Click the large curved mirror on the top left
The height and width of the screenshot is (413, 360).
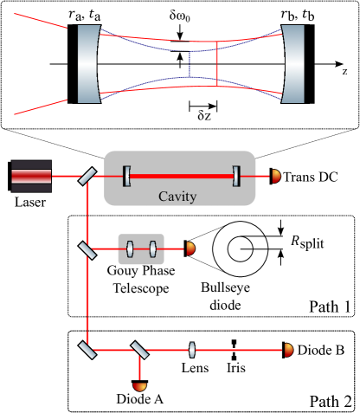point(87,64)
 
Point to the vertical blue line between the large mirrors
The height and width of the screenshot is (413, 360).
point(190,63)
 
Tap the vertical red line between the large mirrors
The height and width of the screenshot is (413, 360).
point(216,63)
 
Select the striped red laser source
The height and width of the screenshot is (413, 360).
point(31,176)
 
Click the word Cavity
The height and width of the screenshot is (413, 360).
point(177,197)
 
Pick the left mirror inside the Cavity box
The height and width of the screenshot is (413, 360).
point(127,176)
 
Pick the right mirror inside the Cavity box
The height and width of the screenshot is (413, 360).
point(235,176)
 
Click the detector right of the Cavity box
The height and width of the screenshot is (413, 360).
point(276,176)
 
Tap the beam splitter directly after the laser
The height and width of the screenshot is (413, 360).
point(87,176)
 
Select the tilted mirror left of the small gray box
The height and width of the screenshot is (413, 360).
point(87,249)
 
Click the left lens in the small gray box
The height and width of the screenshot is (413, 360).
point(130,249)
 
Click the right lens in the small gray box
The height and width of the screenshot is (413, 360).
point(152,249)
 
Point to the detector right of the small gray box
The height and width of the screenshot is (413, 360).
point(190,249)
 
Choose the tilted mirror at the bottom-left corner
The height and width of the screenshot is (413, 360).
point(87,350)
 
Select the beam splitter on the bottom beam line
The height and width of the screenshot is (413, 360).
point(138,350)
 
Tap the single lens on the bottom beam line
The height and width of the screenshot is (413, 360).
point(192,350)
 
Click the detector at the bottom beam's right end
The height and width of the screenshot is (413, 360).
point(288,350)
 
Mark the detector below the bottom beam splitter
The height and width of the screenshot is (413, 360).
point(138,385)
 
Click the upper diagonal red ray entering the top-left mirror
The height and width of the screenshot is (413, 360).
point(40,21)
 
